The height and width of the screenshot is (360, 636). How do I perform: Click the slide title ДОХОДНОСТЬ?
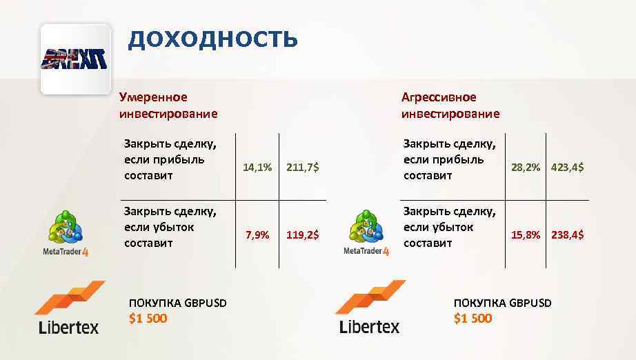(x=212, y=39)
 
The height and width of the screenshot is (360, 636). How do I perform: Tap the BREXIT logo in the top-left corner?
(x=76, y=59)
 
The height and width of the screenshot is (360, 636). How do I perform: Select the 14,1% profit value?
(x=258, y=167)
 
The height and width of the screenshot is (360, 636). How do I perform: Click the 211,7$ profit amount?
(x=302, y=167)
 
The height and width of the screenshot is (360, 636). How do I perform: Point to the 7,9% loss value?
(x=258, y=235)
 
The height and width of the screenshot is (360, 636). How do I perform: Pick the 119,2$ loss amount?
(x=302, y=235)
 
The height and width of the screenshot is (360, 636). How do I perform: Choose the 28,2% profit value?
(x=526, y=167)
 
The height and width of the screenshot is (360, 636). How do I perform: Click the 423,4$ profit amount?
(x=567, y=167)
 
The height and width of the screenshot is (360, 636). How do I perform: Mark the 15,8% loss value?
(x=526, y=235)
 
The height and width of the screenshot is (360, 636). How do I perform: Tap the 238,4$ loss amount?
(x=567, y=235)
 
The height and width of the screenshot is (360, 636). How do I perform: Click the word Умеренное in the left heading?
(x=153, y=97)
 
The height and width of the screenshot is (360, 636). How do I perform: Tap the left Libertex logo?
(x=69, y=308)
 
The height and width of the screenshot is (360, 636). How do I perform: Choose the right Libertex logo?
(x=370, y=308)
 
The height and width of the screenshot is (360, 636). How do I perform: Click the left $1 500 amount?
(x=148, y=318)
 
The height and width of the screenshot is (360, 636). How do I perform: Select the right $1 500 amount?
(x=473, y=318)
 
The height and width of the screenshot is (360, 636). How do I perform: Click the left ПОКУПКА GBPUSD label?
(x=178, y=303)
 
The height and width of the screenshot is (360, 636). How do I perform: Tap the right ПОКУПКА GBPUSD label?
(x=503, y=303)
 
